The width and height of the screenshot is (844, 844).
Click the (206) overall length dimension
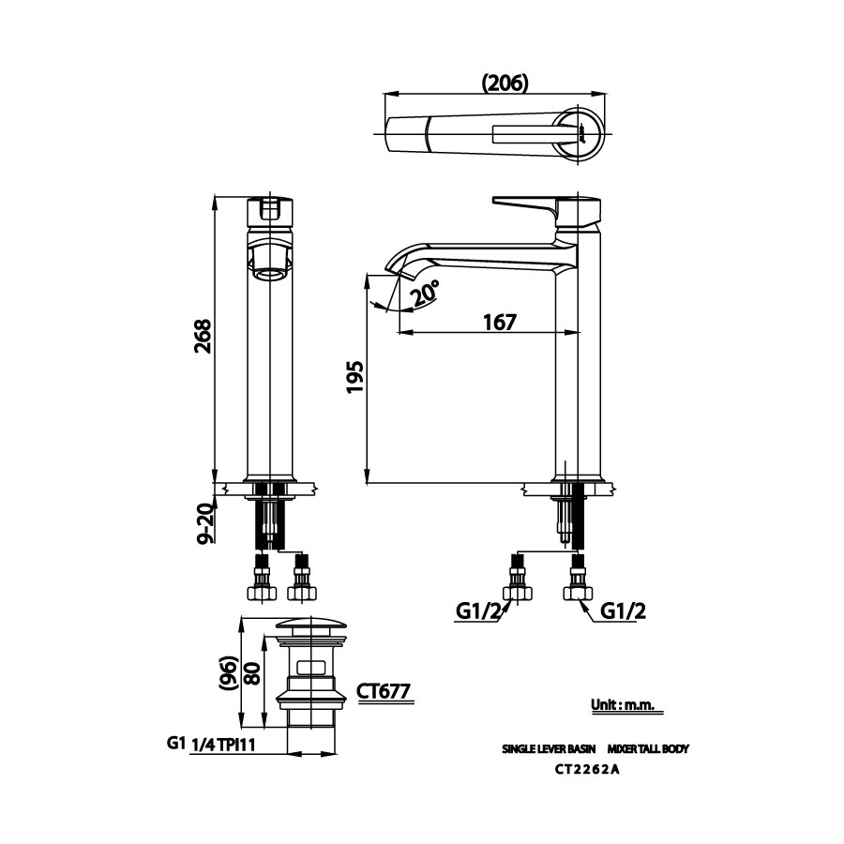point(505,83)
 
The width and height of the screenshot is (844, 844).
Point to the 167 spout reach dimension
point(500,322)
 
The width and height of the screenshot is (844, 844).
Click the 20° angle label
point(425,294)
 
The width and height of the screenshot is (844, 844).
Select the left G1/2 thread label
point(478,611)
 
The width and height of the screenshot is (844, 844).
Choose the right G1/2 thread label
point(623,611)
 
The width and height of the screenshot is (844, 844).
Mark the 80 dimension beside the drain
point(252,673)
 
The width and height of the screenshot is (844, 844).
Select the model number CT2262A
point(589,771)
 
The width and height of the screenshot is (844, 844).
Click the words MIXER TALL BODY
point(648,749)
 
